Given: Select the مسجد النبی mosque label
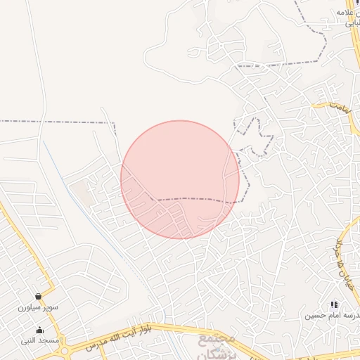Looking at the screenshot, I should click(x=39, y=341).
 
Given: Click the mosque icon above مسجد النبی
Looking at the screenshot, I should click(x=39, y=330).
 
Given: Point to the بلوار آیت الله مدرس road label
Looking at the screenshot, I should click(x=127, y=336).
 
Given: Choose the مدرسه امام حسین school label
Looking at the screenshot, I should click(x=330, y=316).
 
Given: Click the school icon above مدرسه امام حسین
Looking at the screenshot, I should click(x=333, y=305).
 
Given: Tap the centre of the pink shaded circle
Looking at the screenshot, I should click(x=180, y=179).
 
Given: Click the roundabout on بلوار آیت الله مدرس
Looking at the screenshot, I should click(x=65, y=349).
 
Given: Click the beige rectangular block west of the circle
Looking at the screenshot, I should click(x=83, y=193).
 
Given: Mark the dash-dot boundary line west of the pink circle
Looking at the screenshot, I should click(x=56, y=122).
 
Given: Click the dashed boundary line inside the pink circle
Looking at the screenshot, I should click(x=197, y=199).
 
